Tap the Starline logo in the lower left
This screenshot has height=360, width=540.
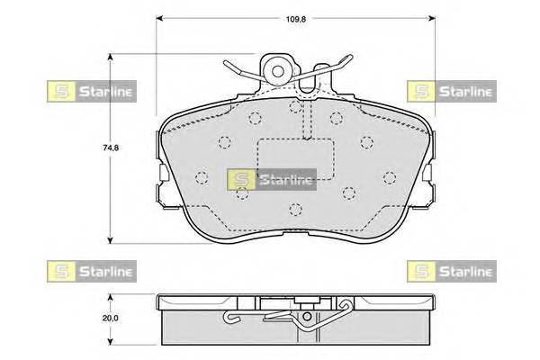[90, 269]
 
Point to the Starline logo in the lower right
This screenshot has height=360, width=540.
[450, 269]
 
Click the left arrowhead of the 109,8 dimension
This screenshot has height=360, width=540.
[160, 16]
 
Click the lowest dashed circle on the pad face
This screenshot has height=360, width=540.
[294, 211]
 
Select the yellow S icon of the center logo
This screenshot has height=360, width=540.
[240, 179]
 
